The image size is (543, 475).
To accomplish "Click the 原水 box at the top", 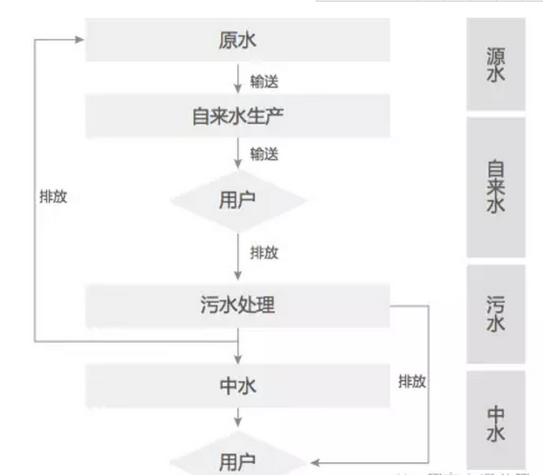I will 237,40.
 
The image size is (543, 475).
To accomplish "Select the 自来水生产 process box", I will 237,116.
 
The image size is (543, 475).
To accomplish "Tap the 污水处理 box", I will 237,306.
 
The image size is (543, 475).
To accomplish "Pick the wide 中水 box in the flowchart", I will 237,386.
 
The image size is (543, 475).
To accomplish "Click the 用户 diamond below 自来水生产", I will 237,199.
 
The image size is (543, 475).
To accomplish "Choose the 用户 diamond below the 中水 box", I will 237,460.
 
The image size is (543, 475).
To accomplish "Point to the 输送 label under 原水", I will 265,81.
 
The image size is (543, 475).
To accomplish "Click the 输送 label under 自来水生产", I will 265,154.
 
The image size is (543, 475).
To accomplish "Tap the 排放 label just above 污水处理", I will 265,252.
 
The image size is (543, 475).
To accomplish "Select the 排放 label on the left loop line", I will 53,197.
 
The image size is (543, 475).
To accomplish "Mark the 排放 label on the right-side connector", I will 412,380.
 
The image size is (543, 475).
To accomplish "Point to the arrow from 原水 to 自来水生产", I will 238,79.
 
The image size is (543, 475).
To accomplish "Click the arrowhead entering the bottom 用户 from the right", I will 312,460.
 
